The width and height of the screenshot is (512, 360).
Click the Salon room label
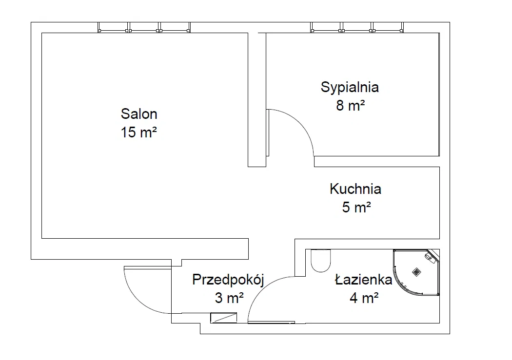click(x=139, y=114)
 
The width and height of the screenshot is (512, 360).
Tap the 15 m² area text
click(x=139, y=133)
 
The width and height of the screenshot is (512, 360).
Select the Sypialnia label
click(x=350, y=87)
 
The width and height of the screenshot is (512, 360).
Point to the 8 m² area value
click(x=351, y=105)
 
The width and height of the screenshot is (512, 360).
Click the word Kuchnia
click(x=355, y=189)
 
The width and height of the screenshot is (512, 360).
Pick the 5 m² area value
click(x=356, y=207)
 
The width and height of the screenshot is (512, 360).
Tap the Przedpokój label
click(x=228, y=280)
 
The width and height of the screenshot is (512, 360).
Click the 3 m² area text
click(x=229, y=298)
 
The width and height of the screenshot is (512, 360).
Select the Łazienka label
click(x=363, y=280)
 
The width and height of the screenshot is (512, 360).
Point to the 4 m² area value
click(x=364, y=298)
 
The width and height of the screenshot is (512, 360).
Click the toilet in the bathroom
click(x=321, y=261)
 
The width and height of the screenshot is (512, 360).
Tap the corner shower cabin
click(x=416, y=273)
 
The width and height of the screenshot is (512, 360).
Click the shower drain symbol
click(x=416, y=272)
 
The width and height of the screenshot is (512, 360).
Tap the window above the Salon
click(x=144, y=27)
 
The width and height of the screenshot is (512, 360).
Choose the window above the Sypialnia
click(x=357, y=27)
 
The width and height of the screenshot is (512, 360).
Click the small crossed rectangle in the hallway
click(x=224, y=318)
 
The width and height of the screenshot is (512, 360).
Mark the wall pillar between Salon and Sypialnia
click(x=257, y=100)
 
